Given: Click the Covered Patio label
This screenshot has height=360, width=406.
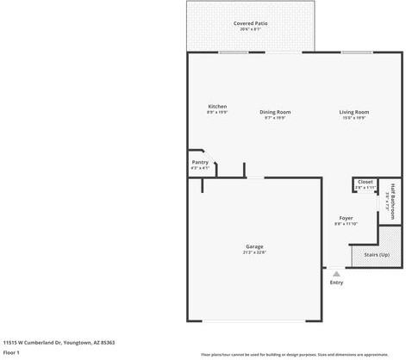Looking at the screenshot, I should [250, 22].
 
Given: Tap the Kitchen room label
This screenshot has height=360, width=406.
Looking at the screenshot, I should [216, 107].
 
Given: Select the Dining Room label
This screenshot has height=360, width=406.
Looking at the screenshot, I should [275, 112].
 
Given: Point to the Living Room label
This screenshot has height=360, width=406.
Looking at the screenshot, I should [353, 112].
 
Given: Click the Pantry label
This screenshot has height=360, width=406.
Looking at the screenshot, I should [200, 162].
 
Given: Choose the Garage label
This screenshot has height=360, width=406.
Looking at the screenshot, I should [254, 246].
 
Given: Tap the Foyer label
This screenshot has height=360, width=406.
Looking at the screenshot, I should [346, 218].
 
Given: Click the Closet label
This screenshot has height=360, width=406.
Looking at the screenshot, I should [365, 182].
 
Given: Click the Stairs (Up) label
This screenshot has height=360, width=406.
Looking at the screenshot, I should [377, 255].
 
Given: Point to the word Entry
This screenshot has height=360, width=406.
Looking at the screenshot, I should [336, 282].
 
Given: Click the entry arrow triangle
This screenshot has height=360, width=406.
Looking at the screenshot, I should [336, 273].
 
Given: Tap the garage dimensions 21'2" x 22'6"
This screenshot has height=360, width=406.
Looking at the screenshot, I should [254, 252].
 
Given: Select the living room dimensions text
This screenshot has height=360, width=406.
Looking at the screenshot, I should [353, 118].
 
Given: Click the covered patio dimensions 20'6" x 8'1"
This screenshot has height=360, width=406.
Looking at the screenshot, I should [250, 28].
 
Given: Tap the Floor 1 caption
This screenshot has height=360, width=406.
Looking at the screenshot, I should [12, 352].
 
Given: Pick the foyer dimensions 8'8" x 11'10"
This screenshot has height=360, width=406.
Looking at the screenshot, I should [346, 224].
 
